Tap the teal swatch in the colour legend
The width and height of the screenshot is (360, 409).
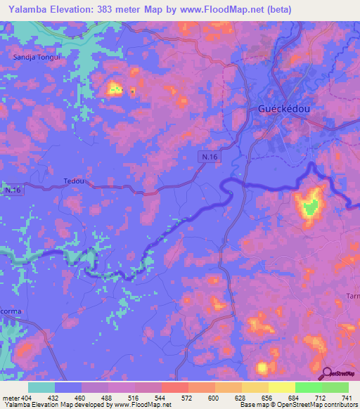pyautogui.click(x=41, y=387)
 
